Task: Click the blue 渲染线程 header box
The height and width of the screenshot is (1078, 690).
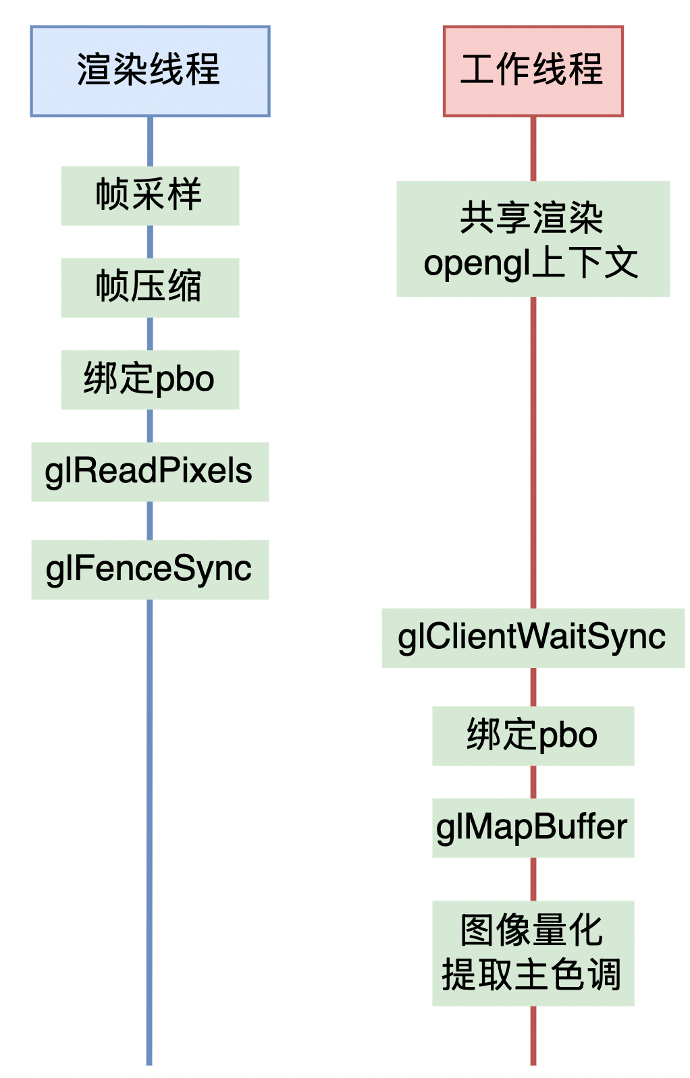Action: coord(150,71)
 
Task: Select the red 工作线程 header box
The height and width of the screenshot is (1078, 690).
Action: coord(533,71)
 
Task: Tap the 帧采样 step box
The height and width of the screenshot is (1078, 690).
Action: coord(150,196)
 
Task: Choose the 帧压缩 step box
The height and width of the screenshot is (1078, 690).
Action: coord(150,287)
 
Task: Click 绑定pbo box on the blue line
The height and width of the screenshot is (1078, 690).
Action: coord(150,379)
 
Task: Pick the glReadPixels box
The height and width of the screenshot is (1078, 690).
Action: coord(150,472)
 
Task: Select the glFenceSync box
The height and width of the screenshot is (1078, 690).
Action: coord(150,569)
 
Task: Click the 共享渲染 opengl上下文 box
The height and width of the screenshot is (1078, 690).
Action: coord(533,239)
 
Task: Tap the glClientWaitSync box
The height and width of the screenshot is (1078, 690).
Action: coord(533,637)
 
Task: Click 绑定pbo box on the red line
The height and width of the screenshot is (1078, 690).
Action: coord(533,735)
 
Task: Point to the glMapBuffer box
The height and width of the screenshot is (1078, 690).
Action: coord(533,828)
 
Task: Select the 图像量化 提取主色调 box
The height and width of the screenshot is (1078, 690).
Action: coord(533,953)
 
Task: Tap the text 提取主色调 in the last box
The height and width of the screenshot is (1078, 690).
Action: coord(531,975)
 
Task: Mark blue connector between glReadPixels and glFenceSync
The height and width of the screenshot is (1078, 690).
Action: coord(150,521)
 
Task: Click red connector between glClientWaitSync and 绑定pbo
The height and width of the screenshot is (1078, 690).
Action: coord(533,687)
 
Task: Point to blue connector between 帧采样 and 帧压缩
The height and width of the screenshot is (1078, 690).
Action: coord(150,242)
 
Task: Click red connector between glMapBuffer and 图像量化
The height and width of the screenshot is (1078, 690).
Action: coord(533,879)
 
